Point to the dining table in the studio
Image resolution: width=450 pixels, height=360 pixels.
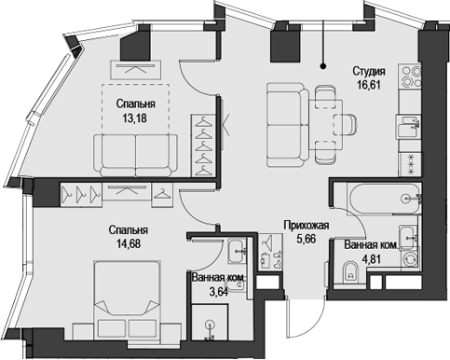coord(326,111)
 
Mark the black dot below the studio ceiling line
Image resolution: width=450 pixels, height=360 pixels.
coord(323,65)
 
